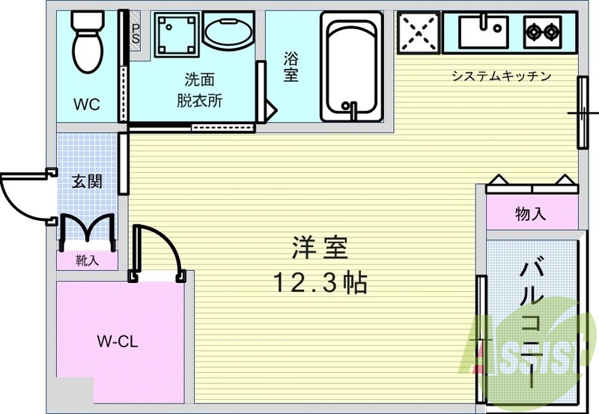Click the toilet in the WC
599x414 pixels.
tap(87, 42)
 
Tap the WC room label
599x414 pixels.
tap(87, 104)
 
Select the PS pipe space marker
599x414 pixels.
tap(136, 31)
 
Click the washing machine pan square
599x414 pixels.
tap(177, 33)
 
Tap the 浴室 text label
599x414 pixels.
tap(291, 67)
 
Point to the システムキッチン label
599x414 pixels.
tap(501, 76)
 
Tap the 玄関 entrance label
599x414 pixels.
tap(87, 182)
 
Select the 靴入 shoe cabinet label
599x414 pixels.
tap(87, 261)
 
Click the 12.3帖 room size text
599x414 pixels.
tap(319, 284)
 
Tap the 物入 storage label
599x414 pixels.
tap(531, 214)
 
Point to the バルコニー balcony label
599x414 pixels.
tap(532, 322)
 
